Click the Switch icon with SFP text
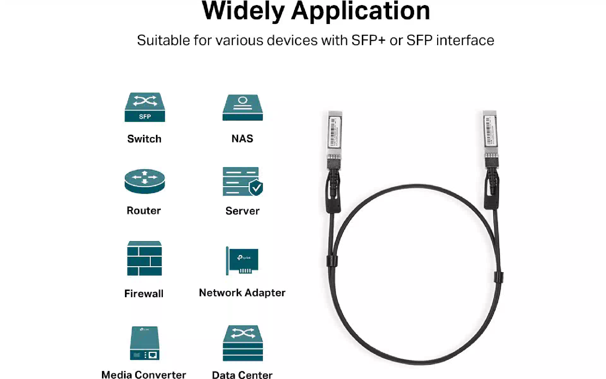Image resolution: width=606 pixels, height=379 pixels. coord(145,107)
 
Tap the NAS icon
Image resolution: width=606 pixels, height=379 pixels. coord(242,107)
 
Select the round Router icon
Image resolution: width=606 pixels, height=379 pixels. coord(145,181)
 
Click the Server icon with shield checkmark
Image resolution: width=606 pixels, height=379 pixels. coord(242,181)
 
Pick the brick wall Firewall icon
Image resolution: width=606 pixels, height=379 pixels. coord(144,258)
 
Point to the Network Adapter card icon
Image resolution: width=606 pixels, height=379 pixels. coord(242,261)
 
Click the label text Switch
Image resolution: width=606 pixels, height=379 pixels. coord(144,139)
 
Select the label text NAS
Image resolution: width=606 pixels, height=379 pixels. coord(242,139)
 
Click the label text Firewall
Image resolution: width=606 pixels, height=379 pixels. coord(144,294)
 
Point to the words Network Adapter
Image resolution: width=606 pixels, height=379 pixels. coord(242,293)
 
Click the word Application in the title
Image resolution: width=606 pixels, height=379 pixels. coord(360,11)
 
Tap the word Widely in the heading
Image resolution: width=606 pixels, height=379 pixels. coord(243,11)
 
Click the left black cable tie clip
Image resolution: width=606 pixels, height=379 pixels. coord(332,261)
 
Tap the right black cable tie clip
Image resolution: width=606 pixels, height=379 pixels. coord(498,277)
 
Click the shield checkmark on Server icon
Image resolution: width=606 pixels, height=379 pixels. coord(256,188)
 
